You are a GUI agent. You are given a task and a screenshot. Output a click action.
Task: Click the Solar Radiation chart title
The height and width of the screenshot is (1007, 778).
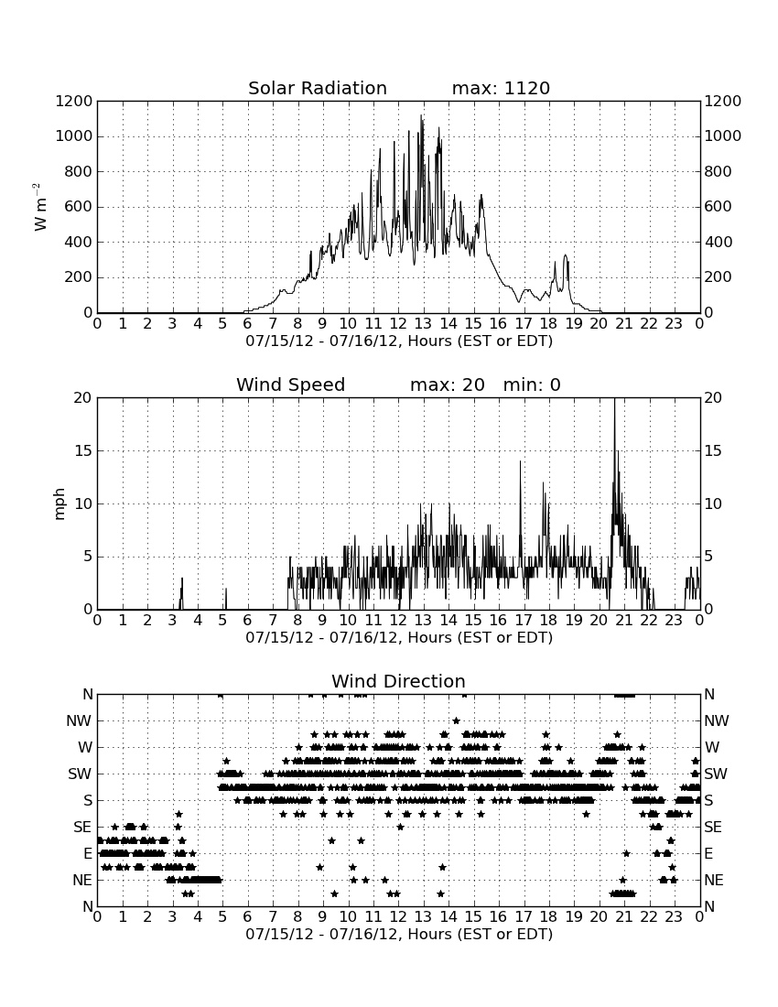click(x=317, y=88)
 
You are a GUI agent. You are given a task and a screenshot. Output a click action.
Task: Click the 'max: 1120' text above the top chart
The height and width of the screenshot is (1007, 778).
click(x=501, y=88)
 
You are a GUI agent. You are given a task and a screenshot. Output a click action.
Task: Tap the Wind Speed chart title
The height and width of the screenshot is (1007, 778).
click(x=290, y=384)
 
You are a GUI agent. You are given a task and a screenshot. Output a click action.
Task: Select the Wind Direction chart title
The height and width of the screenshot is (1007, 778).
click(x=398, y=681)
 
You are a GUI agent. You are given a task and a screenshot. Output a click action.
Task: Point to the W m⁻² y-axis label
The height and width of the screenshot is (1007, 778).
click(x=39, y=207)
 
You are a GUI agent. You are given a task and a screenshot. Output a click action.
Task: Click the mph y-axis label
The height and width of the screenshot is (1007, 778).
click(x=59, y=503)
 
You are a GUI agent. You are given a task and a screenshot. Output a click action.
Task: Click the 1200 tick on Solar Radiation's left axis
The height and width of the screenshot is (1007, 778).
click(x=74, y=102)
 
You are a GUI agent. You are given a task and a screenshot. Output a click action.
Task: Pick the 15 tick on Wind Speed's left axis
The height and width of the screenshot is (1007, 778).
click(x=83, y=450)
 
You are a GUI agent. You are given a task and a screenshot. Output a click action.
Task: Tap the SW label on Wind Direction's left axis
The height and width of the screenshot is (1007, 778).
click(x=80, y=774)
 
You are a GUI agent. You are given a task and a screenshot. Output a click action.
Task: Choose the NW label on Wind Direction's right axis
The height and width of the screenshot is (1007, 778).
click(x=717, y=720)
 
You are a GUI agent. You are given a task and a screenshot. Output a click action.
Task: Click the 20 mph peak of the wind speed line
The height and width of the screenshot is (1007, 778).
click(x=614, y=399)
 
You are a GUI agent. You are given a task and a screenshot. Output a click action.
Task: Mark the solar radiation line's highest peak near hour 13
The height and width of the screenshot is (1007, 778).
click(x=421, y=115)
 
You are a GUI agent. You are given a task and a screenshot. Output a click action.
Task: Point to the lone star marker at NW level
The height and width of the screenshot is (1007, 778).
click(x=456, y=720)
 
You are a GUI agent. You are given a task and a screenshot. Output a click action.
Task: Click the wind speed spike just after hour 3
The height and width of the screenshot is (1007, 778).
click(x=181, y=579)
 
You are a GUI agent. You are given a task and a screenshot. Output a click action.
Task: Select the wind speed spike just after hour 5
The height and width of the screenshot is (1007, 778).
click(x=226, y=589)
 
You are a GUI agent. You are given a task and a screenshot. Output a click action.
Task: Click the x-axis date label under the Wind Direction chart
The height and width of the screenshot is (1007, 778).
click(x=399, y=934)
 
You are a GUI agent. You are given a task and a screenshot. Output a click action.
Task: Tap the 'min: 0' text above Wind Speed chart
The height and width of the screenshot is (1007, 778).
click(x=532, y=384)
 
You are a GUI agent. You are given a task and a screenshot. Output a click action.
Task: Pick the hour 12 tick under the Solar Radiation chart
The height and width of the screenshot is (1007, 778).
click(x=398, y=323)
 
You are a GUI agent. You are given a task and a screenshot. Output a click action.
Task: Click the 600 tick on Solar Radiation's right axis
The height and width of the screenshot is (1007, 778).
click(x=719, y=207)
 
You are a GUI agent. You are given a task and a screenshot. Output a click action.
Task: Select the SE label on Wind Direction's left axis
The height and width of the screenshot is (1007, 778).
click(x=82, y=828)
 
